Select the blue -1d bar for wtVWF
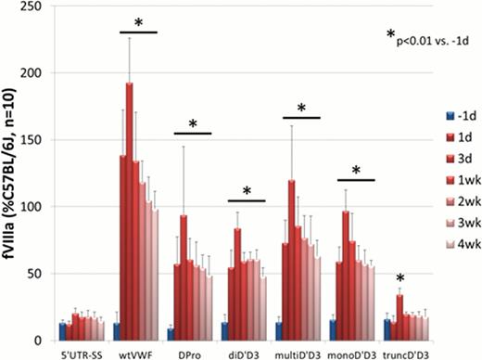[117, 331]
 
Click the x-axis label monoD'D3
[353, 351]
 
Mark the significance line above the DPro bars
[192, 134]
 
